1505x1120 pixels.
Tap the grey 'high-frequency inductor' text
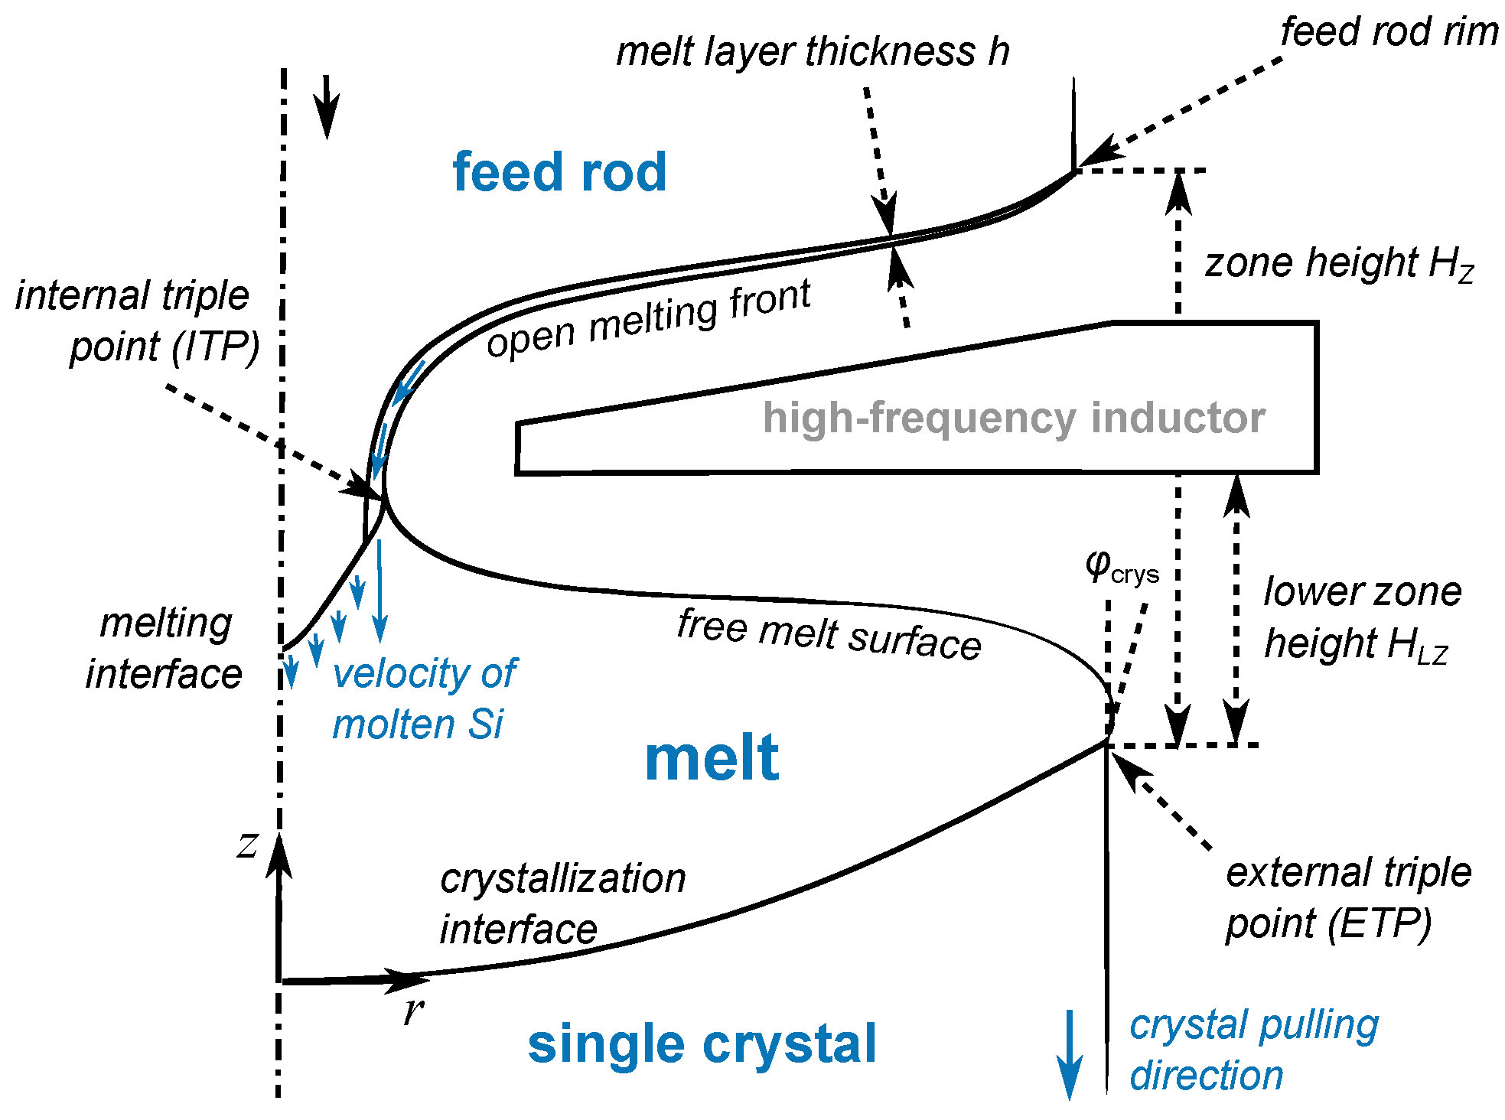1013,418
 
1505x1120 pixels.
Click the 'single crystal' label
702,1044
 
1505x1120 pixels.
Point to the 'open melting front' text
649,318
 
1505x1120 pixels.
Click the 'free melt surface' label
829,634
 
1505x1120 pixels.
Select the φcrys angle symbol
1121,568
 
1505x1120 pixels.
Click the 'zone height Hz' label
1339,263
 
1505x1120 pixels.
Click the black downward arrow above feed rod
327,106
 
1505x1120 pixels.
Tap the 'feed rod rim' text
1389,32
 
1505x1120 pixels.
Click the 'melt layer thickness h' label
813,52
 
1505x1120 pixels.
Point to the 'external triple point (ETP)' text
1348,897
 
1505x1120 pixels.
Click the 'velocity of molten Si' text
425,698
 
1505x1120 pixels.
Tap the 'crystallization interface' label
562,903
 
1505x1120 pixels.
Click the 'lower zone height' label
1362,617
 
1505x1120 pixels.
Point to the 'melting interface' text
165,648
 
